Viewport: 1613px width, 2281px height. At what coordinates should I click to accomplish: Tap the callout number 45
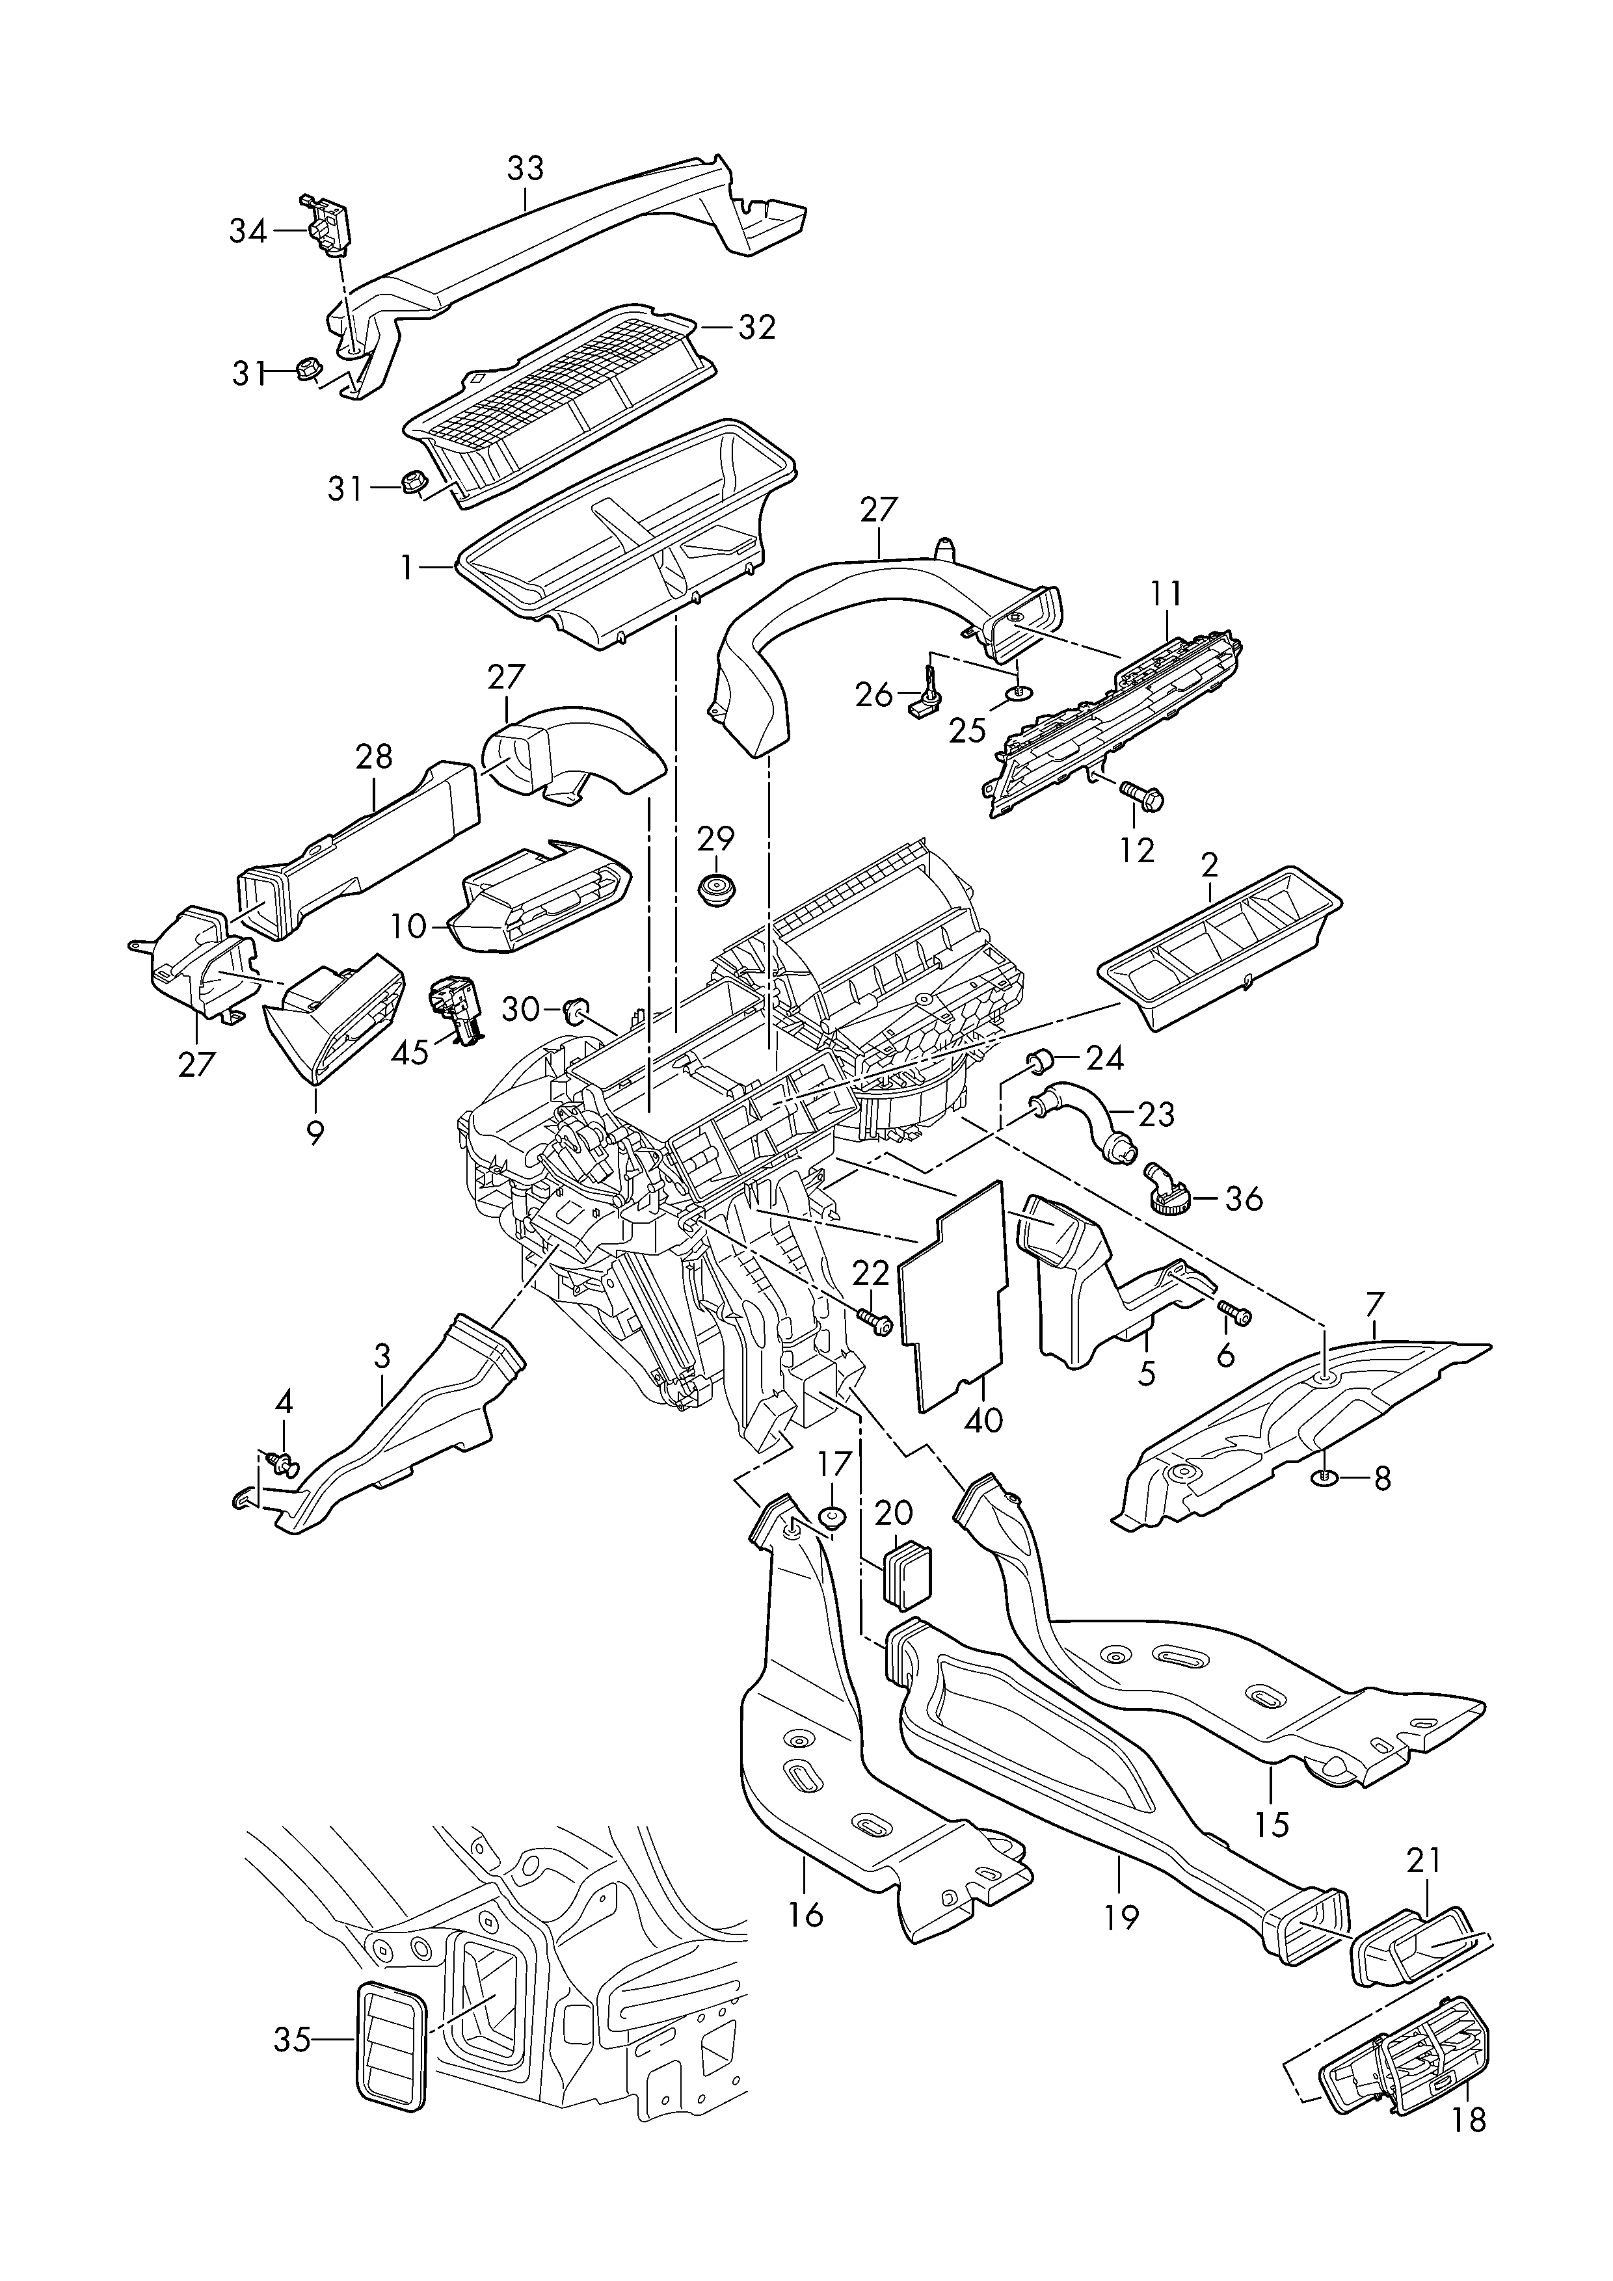click(x=410, y=1052)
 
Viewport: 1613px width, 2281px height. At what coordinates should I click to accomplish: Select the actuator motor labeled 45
click(x=455, y=1009)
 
